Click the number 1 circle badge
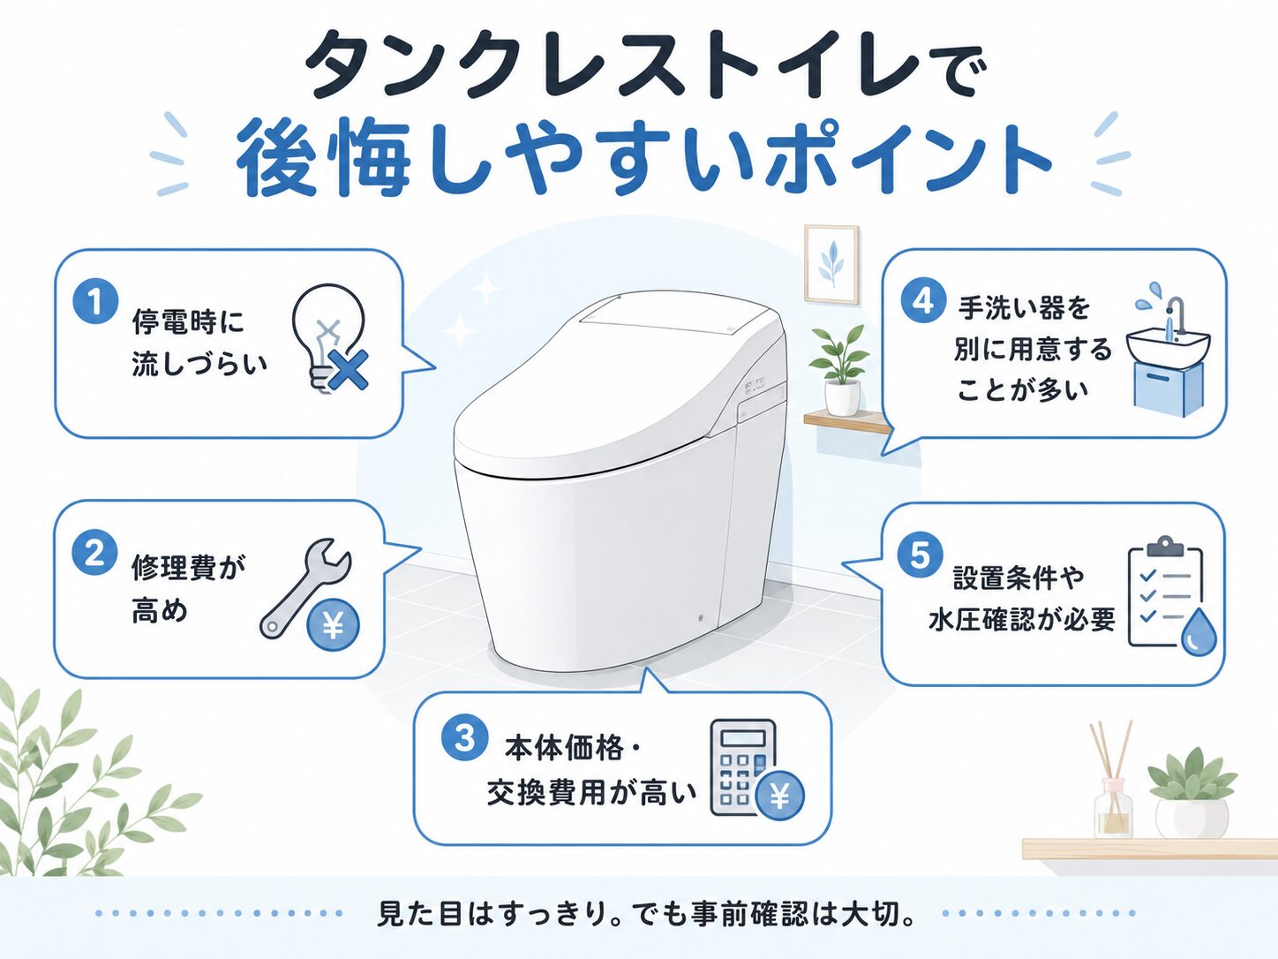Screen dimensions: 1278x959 click(95, 302)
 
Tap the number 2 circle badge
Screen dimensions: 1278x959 click(95, 553)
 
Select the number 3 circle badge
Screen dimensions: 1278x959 click(465, 738)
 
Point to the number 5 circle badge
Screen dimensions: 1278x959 click(921, 555)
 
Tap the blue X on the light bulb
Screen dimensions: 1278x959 click(348, 370)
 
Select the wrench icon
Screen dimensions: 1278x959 click(304, 588)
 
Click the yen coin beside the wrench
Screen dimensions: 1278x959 click(333, 625)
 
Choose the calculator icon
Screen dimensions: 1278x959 click(743, 767)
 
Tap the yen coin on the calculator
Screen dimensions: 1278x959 click(779, 796)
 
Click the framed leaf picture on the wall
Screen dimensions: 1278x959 click(831, 264)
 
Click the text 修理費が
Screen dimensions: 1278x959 click(189, 567)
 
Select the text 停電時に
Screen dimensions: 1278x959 click(189, 321)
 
